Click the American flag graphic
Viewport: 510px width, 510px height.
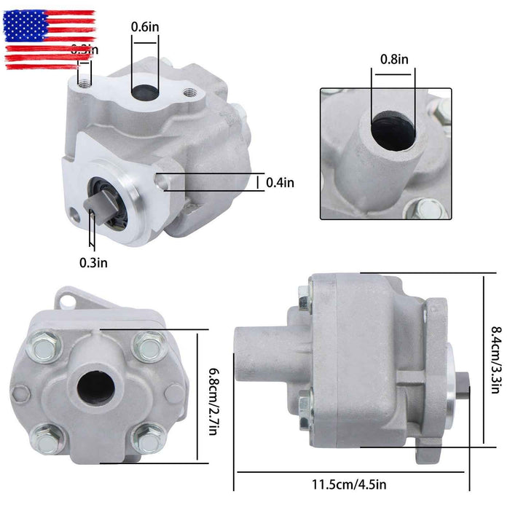50,39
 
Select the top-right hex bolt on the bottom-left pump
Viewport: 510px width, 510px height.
150,343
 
